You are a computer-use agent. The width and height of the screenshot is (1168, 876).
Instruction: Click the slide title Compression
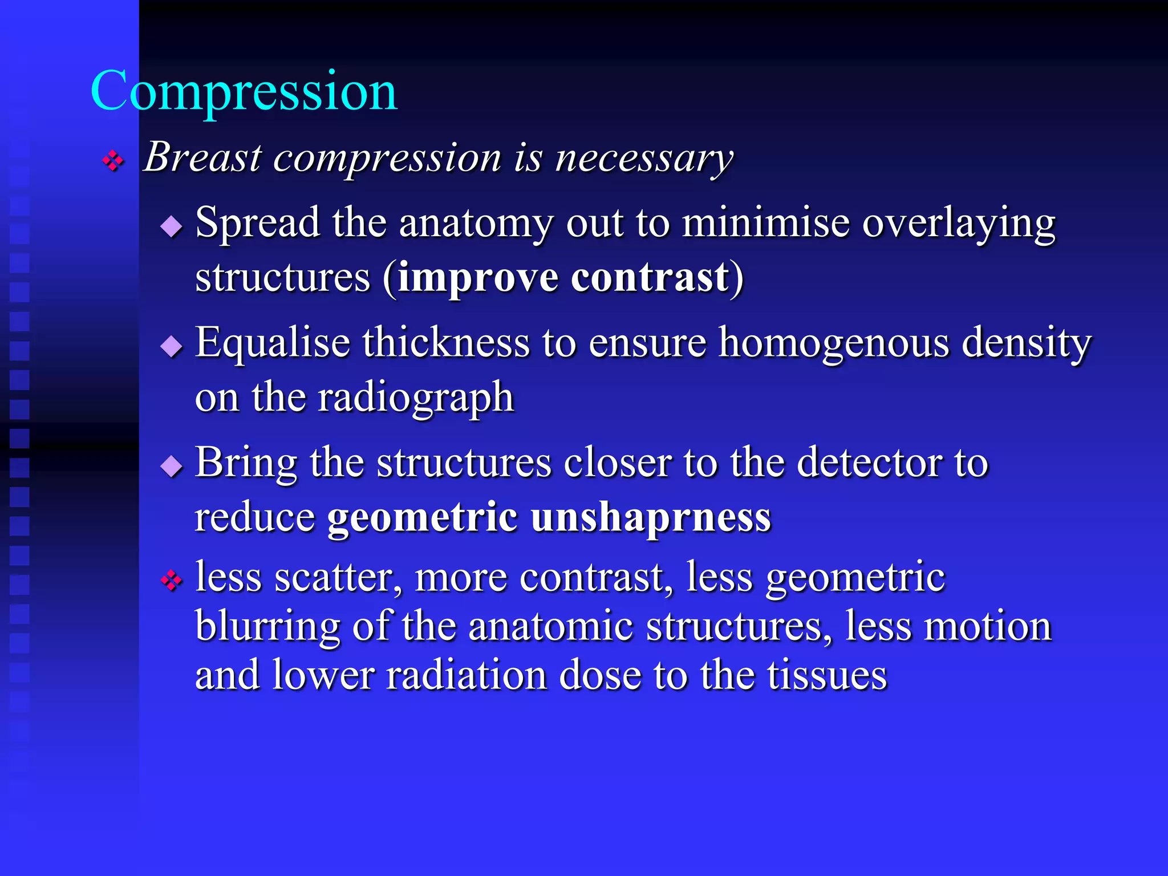[x=244, y=91]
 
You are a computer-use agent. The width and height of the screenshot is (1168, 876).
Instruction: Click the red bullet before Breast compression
[x=113, y=161]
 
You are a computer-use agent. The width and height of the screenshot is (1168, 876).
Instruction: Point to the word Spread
[x=257, y=222]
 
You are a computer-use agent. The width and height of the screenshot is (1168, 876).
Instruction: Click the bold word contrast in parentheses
[x=650, y=278]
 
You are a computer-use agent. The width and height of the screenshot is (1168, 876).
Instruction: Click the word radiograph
[x=416, y=398]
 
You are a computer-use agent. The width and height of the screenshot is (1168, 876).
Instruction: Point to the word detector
[x=869, y=463]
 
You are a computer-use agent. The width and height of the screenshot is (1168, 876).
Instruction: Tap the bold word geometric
[x=422, y=517]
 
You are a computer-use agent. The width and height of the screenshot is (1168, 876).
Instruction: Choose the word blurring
[x=267, y=627]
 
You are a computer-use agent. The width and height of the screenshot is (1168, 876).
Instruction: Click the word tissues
[x=826, y=675]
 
